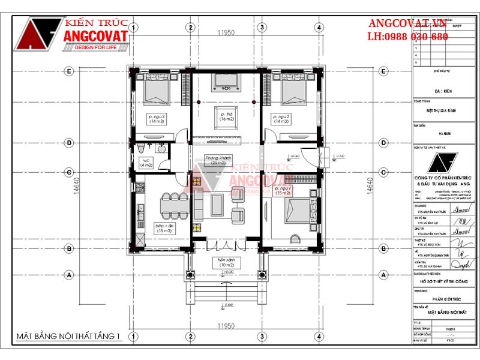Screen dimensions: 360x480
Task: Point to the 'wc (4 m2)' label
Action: click(x=146, y=162)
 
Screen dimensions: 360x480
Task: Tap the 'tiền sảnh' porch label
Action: click(x=226, y=263)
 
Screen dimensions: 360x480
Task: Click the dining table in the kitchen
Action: click(x=170, y=205)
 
